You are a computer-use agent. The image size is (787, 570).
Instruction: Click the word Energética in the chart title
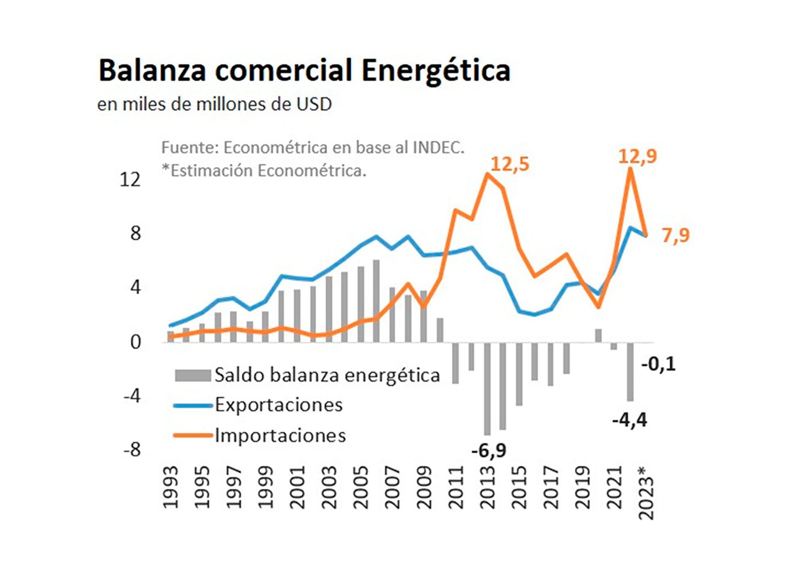coord(436,70)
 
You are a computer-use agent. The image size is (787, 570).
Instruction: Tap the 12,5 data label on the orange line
coord(510,164)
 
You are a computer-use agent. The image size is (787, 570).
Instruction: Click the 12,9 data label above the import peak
coord(637,157)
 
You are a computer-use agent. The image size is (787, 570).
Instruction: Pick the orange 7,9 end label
coord(676,235)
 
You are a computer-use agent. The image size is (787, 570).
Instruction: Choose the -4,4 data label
coord(630,420)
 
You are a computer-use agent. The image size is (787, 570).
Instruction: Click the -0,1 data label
coord(659,364)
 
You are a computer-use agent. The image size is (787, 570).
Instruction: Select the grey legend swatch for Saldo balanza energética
coord(193,375)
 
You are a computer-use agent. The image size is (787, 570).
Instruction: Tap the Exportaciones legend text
coord(279,405)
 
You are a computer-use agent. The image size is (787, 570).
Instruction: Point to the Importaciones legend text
coord(280,435)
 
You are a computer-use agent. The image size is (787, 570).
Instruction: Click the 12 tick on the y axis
coord(130,179)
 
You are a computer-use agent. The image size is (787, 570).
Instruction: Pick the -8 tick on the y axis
coord(132,450)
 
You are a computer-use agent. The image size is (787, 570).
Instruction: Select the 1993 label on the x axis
coord(171,488)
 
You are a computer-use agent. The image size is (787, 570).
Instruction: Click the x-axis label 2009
coord(424,488)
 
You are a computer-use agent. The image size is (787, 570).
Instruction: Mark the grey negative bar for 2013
coord(487,388)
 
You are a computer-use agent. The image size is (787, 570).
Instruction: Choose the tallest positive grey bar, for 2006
coord(376,301)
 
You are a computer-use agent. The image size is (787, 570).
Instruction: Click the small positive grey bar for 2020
coord(598,336)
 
